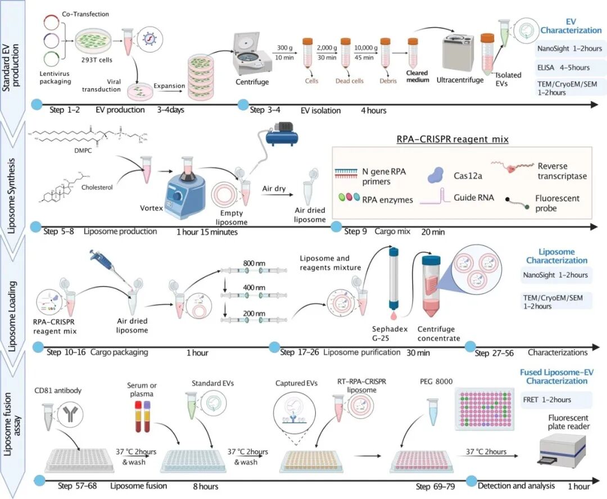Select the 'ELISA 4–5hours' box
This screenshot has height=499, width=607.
(x=568, y=67)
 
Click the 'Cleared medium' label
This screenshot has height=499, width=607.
(x=417, y=76)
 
